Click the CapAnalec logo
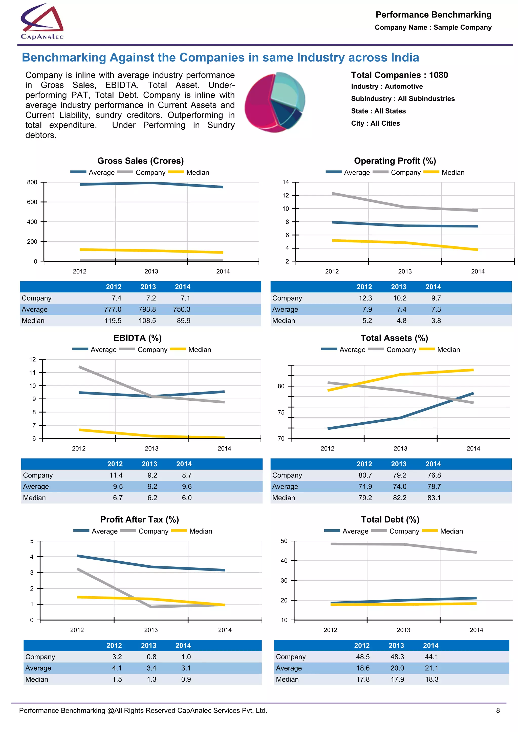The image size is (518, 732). tap(42, 22)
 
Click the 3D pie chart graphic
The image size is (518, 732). tap(275, 102)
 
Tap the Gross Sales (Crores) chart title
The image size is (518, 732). tap(140, 161)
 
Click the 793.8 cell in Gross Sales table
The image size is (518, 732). tap(147, 309)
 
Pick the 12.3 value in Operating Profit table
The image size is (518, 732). tap(365, 298)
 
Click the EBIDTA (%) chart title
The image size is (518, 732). tap(138, 338)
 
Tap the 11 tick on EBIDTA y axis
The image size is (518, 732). tap(33, 372)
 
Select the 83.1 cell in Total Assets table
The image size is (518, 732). tap(434, 498)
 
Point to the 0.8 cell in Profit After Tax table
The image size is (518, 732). tap(152, 657)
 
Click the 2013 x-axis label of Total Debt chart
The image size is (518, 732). tap(403, 630)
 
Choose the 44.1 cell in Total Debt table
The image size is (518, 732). tap(431, 657)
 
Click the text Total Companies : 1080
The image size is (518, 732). tap(399, 75)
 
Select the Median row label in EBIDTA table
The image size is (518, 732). tap(34, 498)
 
